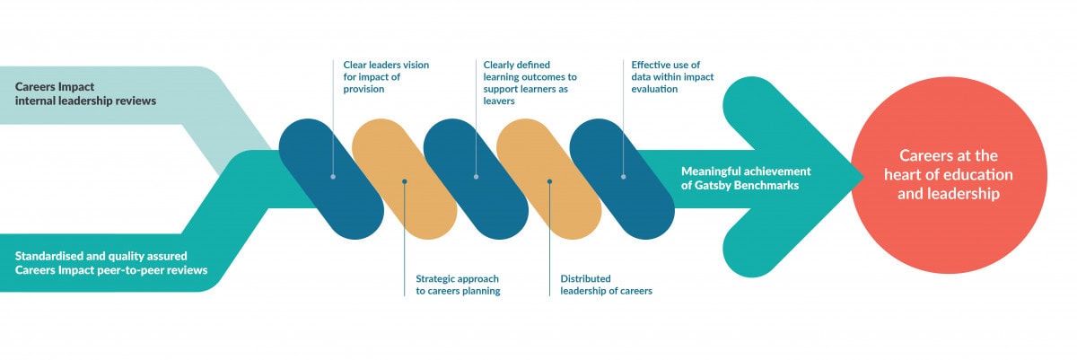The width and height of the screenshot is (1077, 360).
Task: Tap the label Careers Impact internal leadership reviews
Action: point(85,93)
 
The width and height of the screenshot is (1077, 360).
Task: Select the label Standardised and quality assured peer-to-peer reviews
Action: point(111,262)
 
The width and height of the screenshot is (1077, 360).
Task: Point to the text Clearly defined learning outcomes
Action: point(529,76)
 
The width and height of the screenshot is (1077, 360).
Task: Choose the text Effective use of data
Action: point(672,76)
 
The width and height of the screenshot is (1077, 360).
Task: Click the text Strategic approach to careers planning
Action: point(458,285)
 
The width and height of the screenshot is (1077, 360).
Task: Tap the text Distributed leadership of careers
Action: point(606,285)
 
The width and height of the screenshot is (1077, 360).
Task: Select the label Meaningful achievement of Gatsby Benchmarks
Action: point(746,178)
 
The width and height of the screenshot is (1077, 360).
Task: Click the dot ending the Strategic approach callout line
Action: point(405,181)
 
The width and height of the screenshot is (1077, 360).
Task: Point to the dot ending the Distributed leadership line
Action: point(549,181)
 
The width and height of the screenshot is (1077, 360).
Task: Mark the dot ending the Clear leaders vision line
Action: point(333,176)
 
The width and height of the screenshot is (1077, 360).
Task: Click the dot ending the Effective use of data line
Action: point(623,176)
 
